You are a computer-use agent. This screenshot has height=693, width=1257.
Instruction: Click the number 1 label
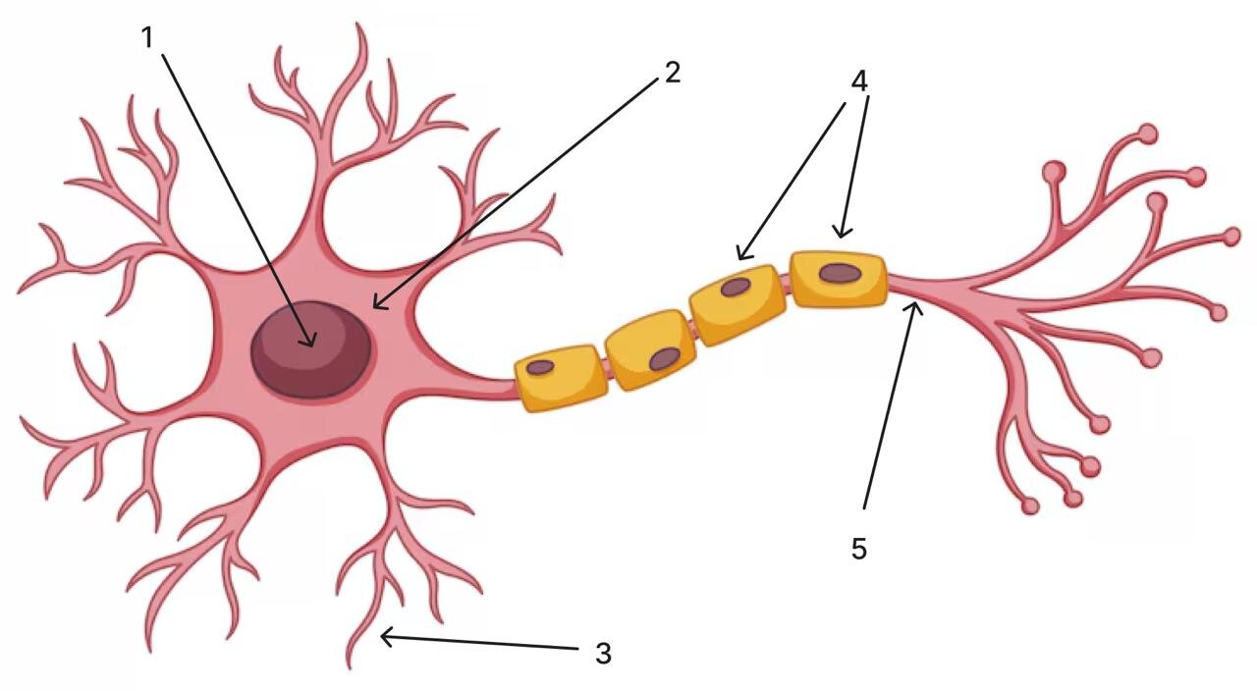(147, 38)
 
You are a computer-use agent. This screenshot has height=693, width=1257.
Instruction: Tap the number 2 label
(673, 73)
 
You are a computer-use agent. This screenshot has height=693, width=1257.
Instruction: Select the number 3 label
(603, 653)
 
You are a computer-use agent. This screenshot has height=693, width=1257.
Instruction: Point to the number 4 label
(859, 81)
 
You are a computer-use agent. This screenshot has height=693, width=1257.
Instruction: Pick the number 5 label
(859, 549)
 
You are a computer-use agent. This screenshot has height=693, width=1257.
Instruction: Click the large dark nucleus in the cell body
(310, 349)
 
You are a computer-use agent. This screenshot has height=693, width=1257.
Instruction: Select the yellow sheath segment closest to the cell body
(561, 378)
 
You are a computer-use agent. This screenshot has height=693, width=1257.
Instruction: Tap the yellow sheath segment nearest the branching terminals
(839, 279)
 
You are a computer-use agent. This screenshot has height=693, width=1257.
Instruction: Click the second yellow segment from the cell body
(651, 349)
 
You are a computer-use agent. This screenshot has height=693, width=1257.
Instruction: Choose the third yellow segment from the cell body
(737, 304)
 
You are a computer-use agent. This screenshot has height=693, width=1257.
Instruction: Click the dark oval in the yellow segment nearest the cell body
(540, 367)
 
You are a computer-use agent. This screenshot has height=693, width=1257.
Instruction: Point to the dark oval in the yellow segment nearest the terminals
(840, 274)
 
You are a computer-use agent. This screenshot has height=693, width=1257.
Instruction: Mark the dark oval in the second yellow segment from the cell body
(665, 359)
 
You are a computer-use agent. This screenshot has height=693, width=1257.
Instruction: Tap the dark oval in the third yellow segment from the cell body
(736, 287)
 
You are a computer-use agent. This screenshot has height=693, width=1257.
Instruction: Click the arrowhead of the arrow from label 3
(383, 637)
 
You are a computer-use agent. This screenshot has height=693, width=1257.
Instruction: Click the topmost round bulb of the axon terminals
(1149, 133)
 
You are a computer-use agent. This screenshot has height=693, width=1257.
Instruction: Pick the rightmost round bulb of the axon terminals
(1231, 237)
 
